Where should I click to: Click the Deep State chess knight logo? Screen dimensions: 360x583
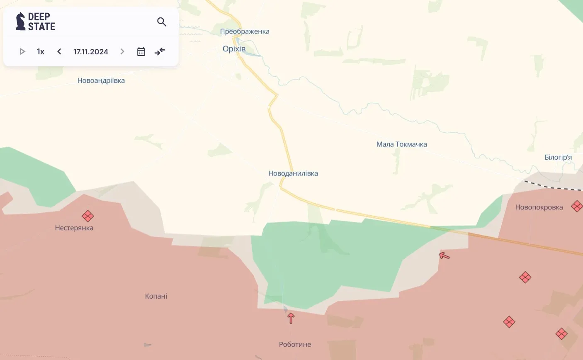(x=20, y=21)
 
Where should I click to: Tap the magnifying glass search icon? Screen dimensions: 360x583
(x=162, y=22)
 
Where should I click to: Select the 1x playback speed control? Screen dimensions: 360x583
(x=41, y=51)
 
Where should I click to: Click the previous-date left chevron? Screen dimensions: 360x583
(x=59, y=51)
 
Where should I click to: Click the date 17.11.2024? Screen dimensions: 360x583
(x=91, y=51)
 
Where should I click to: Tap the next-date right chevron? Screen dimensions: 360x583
(x=122, y=51)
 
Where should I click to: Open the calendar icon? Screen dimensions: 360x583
(x=141, y=51)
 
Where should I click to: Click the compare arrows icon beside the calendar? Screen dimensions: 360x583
(x=160, y=51)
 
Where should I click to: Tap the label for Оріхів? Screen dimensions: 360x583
(x=234, y=49)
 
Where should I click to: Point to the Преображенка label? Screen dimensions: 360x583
(x=245, y=31)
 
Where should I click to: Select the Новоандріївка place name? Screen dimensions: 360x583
(x=101, y=80)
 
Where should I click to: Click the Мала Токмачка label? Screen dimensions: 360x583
(x=401, y=144)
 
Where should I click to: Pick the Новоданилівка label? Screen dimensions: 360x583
(x=293, y=173)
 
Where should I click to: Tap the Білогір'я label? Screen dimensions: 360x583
(x=558, y=157)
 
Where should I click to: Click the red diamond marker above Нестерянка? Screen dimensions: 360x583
(x=87, y=216)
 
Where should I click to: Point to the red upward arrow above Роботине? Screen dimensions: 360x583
(x=291, y=318)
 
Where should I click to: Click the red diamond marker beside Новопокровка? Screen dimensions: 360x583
(x=577, y=206)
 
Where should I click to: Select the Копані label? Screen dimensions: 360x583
(x=156, y=296)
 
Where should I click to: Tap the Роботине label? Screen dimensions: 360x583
(x=295, y=344)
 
